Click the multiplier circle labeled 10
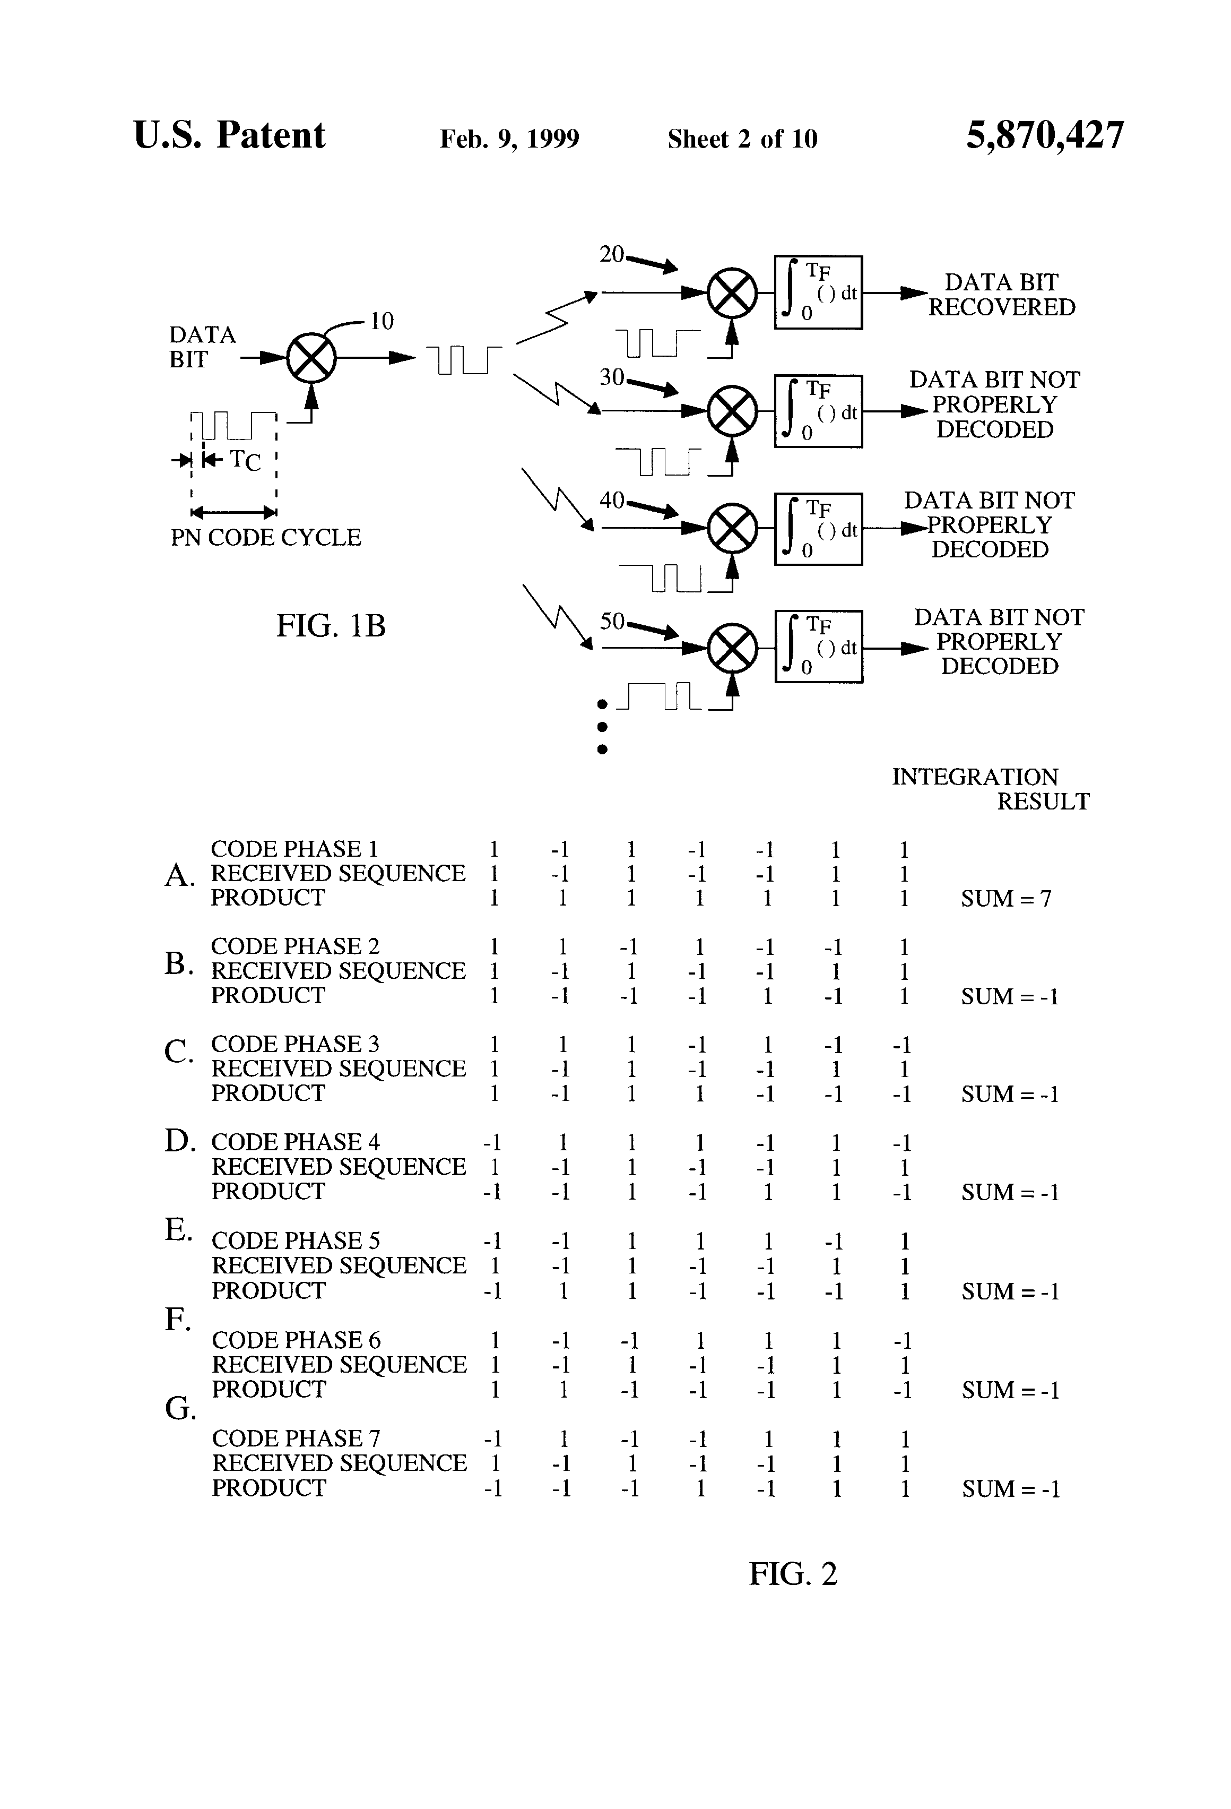tap(311, 359)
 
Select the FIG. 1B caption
tap(331, 626)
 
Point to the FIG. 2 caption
tap(792, 1574)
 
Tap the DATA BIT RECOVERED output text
tap(1001, 295)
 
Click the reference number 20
tap(612, 255)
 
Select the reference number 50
tap(612, 621)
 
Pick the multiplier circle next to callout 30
tap(732, 411)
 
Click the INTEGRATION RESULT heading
tap(990, 789)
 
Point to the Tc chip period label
tap(245, 461)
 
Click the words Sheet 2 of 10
tap(742, 139)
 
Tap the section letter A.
tap(179, 876)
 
